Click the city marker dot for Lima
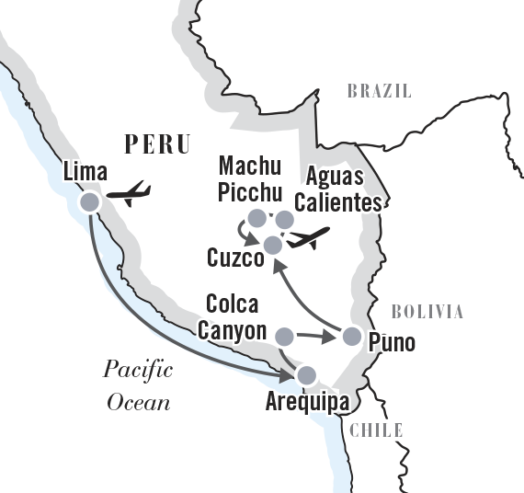[89, 202]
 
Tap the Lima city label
[86, 172]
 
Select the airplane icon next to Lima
[129, 194]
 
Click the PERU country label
[156, 144]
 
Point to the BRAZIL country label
[379, 91]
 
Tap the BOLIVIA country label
[427, 312]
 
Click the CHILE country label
[377, 430]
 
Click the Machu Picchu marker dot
[257, 218]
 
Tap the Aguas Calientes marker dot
[285, 219]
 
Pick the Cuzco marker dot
[272, 244]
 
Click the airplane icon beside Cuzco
[310, 238]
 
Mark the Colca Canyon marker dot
[285, 336]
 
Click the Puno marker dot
[351, 336]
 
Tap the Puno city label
[391, 343]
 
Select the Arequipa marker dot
[305, 374]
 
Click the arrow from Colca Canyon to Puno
[317, 337]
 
